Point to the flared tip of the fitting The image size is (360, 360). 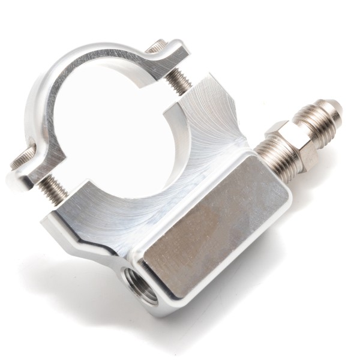pos(334,110)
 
